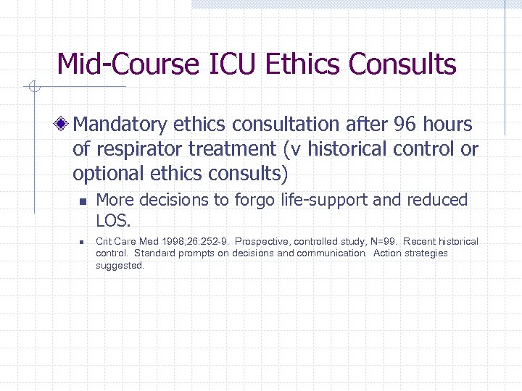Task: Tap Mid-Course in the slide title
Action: pos(128,64)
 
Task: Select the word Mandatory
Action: pos(120,125)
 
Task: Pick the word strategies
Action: pos(427,253)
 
